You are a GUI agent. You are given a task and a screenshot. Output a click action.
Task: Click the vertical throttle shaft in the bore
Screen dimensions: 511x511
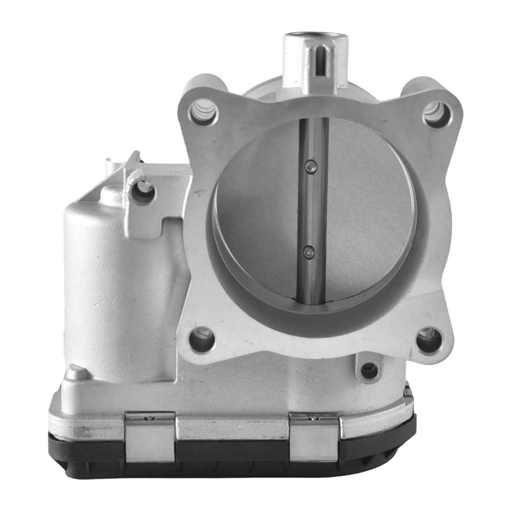[x=314, y=210]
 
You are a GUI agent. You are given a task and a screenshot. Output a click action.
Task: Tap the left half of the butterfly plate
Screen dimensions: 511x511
[x=257, y=210]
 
